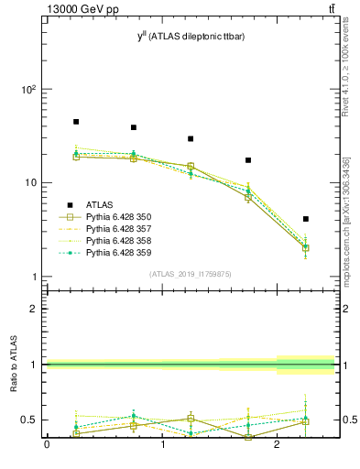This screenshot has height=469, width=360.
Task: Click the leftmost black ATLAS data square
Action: [x=76, y=122]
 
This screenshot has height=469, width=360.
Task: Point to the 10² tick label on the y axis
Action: [x=28, y=90]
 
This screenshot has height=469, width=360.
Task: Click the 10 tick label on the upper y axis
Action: [x=30, y=183]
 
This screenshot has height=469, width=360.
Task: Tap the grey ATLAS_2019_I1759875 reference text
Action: [x=191, y=274]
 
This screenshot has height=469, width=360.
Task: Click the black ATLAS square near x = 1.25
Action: [x=191, y=138]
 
